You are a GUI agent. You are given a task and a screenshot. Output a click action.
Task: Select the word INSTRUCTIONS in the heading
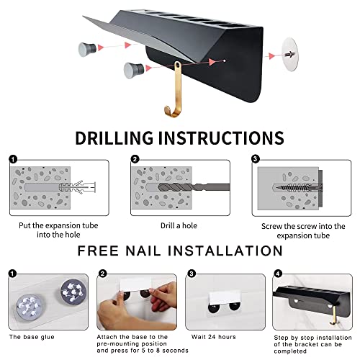coord(232,138)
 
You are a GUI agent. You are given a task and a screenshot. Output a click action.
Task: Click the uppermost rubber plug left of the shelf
coord(90,49)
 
